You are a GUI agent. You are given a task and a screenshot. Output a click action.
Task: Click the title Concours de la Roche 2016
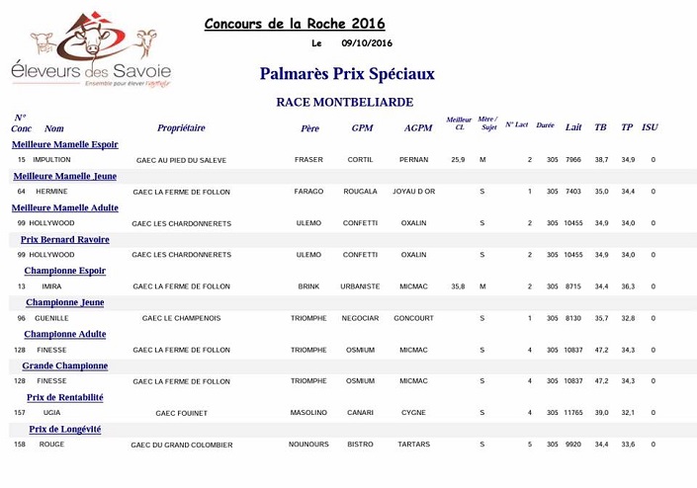click(x=295, y=24)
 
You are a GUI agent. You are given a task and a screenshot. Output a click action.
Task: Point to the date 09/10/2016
click(x=367, y=43)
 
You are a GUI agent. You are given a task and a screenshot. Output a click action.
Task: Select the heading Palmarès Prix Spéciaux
click(x=347, y=74)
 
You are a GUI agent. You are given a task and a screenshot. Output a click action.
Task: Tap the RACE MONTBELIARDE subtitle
click(x=344, y=102)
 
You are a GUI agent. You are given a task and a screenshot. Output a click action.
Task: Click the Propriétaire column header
click(x=181, y=128)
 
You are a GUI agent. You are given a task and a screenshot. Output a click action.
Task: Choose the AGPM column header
click(x=418, y=128)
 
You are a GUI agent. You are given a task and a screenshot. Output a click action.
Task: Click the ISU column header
click(x=650, y=128)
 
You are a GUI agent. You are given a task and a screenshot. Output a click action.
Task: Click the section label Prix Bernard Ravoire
click(x=65, y=239)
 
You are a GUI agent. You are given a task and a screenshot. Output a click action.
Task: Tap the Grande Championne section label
click(x=65, y=366)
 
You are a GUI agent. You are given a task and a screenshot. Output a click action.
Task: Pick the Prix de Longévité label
click(x=65, y=429)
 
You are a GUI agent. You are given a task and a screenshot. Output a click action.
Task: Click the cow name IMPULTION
click(x=51, y=160)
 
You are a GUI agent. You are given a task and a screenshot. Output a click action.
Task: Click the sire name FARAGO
click(x=308, y=192)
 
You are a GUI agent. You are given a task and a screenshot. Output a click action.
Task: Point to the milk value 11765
click(x=573, y=413)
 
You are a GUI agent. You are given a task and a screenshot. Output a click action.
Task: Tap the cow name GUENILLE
click(x=52, y=318)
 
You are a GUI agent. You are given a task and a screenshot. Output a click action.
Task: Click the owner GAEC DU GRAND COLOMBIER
click(x=182, y=446)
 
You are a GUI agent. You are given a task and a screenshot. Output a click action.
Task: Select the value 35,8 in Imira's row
click(x=458, y=286)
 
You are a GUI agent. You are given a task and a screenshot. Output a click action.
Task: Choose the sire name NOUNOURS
click(x=308, y=445)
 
